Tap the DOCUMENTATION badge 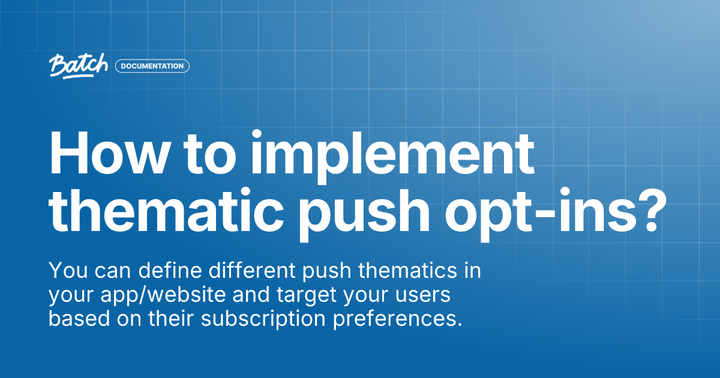pos(152,66)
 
